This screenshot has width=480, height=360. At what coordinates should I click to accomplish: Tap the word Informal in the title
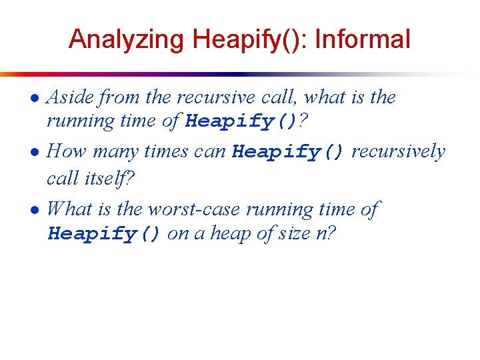[x=363, y=40]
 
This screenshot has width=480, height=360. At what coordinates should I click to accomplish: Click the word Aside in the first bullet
[x=72, y=97]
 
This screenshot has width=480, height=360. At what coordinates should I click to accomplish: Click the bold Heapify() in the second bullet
[x=288, y=152]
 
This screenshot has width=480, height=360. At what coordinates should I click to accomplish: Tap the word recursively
[x=398, y=152]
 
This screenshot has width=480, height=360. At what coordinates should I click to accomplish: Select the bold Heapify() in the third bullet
[x=104, y=235]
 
